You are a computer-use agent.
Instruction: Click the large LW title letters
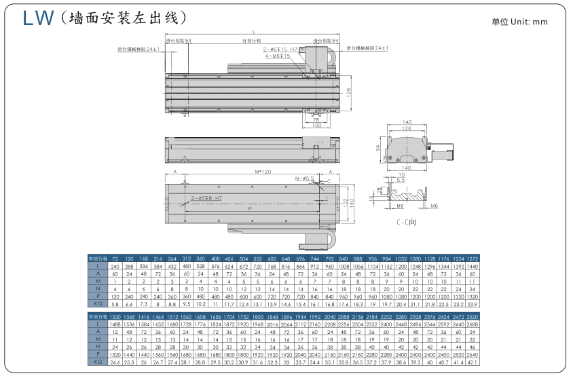point(37,18)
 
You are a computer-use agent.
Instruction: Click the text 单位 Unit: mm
point(519,22)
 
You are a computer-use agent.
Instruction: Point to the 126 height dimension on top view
point(348,92)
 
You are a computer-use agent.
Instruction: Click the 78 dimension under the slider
point(316,119)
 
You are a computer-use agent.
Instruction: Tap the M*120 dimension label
point(254,172)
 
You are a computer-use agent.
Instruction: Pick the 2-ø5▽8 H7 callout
point(206,198)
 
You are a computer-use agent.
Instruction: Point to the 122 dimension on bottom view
point(344,202)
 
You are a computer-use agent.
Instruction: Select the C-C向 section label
point(407,221)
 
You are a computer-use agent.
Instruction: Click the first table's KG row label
point(98,305)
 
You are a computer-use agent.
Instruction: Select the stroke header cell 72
point(115,259)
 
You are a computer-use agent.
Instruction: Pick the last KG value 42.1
point(473,362)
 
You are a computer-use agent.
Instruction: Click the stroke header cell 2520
point(473,317)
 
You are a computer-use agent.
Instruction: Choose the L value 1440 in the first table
point(473,267)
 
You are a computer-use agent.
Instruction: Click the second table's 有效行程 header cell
point(98,317)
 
